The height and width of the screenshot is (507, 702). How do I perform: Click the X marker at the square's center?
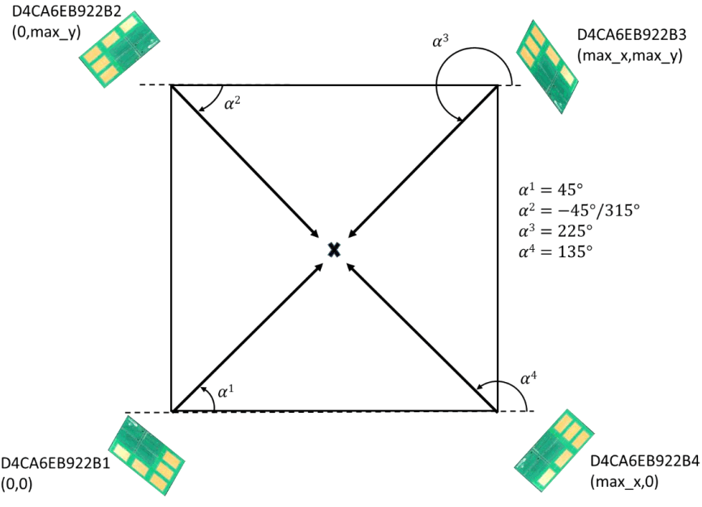[333, 249]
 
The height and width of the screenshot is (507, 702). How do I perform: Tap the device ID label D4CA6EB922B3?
[631, 35]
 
